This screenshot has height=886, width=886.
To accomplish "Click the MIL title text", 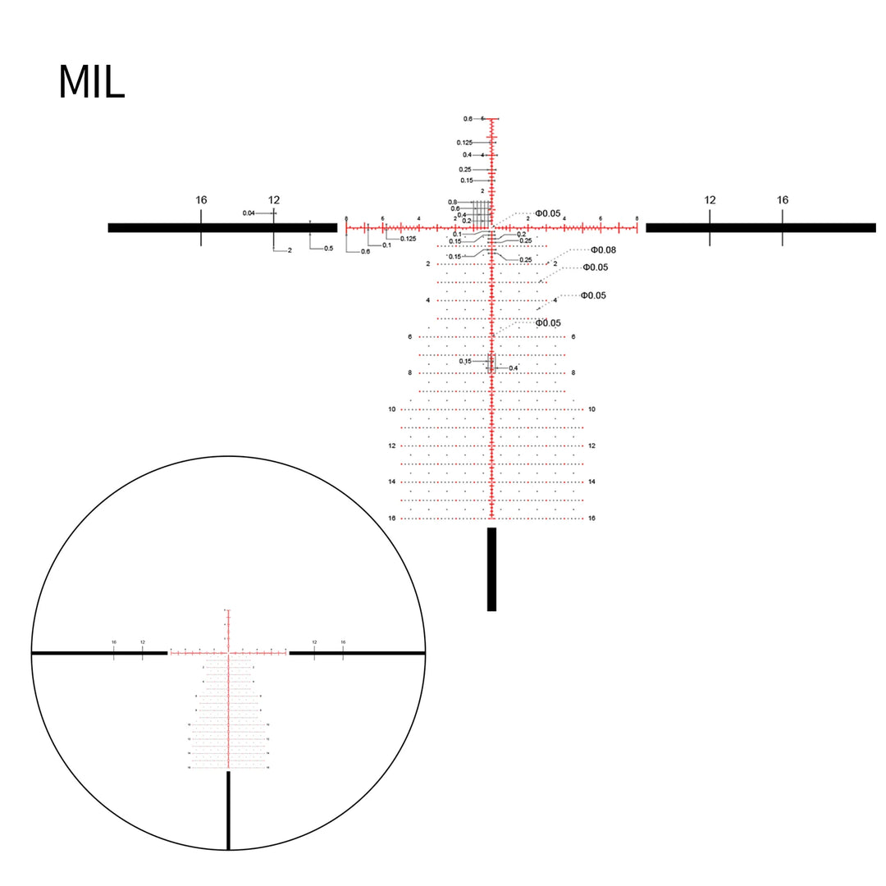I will pos(91,82).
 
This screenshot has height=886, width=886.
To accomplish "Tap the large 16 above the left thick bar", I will pos(201,200).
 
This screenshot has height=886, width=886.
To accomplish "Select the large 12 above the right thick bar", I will pos(710,200).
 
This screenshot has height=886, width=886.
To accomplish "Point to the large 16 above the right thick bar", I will pos(782,200).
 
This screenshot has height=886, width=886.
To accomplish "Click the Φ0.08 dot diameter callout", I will pos(603,249).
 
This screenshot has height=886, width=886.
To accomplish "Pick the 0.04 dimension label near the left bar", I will pos(249,213).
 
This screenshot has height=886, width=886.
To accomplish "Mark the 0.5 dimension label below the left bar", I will pos(328,249).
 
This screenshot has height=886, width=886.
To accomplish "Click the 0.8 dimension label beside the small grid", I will pos(453,202).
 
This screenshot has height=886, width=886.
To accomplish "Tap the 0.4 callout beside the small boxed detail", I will pos(514,368).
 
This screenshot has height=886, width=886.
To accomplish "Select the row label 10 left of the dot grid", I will pos(392,409).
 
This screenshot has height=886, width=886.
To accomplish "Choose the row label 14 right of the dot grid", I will pos(591,482).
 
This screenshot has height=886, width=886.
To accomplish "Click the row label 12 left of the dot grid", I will pos(392,445).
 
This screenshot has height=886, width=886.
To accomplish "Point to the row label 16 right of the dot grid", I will pos(591,518).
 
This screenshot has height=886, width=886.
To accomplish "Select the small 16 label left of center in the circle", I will pos(114,642).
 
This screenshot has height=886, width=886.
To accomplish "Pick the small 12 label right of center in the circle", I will pos(314,642).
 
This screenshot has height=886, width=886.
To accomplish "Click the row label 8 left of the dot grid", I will pos(409,373).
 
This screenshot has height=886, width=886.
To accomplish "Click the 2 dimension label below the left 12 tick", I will pos(290,250).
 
